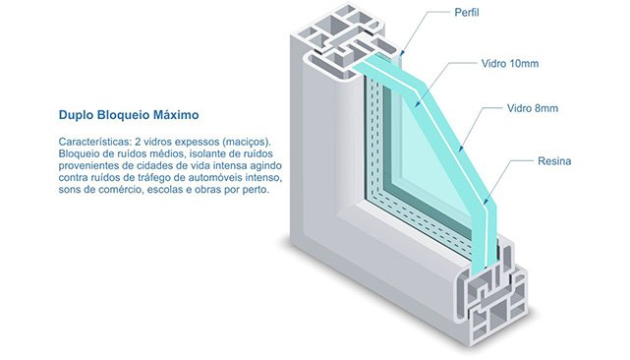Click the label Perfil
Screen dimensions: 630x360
click(x=467, y=13)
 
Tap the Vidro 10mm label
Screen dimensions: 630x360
click(x=510, y=64)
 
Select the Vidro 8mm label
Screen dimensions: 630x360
click(x=533, y=108)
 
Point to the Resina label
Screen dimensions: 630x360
click(x=554, y=161)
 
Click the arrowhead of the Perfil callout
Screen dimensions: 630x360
click(x=402, y=53)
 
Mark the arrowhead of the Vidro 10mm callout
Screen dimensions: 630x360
click(x=417, y=104)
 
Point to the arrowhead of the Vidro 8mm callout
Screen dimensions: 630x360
click(x=460, y=149)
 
